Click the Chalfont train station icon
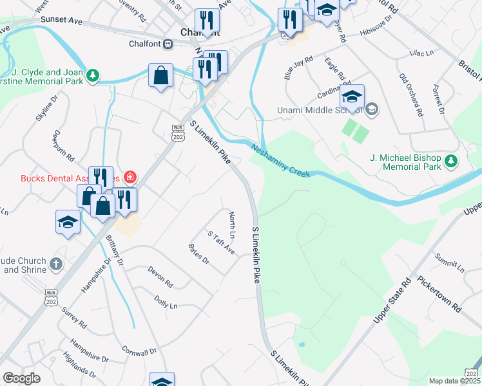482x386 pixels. (x=168, y=44)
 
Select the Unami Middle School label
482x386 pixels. (x=318, y=109)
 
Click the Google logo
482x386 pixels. (x=21, y=378)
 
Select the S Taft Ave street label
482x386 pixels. (x=221, y=243)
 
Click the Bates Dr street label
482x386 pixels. (x=198, y=254)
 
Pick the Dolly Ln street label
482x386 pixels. (x=166, y=302)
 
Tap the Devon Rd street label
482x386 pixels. (x=160, y=277)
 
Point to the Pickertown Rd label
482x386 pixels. (x=439, y=293)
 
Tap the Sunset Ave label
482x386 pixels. (x=62, y=21)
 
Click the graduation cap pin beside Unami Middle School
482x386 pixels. (x=352, y=96)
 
